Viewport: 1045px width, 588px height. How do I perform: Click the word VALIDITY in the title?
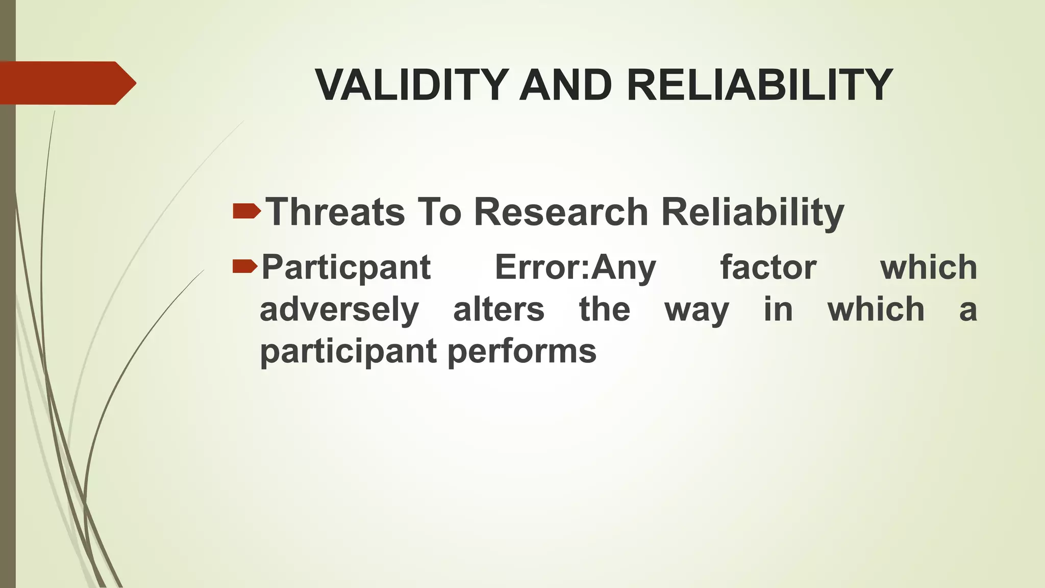411,85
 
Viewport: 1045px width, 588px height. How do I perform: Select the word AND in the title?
565,85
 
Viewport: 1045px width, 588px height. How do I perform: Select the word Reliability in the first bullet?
752,212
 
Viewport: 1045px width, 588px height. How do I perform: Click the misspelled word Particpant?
346,267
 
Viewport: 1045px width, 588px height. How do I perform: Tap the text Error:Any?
575,267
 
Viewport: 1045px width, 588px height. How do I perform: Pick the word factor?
768,267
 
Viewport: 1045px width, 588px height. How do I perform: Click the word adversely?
339,310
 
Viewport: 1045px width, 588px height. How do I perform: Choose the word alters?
499,309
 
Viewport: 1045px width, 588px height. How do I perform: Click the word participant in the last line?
349,352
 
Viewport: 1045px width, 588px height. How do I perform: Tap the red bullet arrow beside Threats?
246,211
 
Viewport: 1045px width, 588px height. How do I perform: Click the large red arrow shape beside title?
66,83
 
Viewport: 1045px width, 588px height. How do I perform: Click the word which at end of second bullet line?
928,267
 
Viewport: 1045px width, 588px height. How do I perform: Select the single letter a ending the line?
967,310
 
